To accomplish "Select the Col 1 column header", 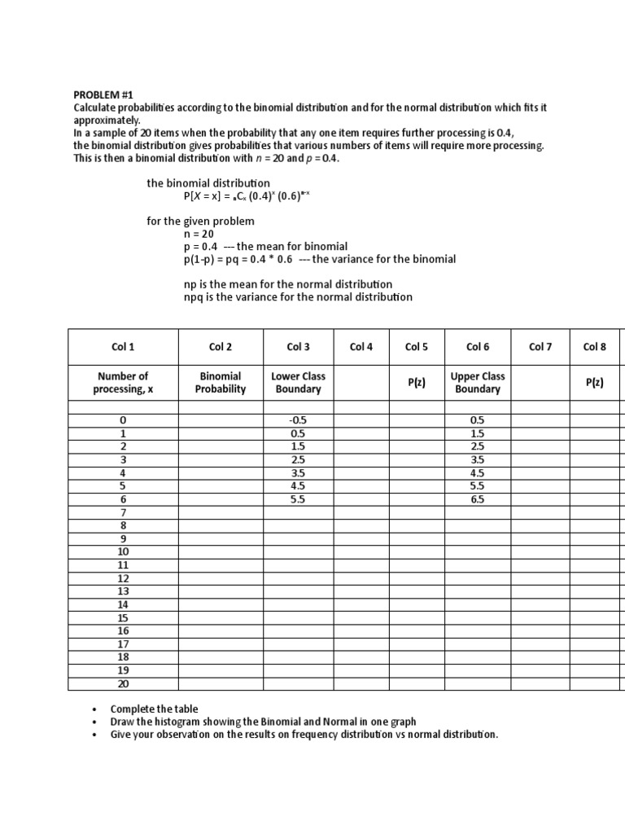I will (123, 347).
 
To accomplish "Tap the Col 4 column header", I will (361, 347).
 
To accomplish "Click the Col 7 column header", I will (540, 347).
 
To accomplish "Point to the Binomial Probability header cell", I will (220, 383).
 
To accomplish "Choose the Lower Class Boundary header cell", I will (299, 383).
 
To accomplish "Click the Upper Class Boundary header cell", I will (478, 383).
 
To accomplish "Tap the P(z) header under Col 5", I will (416, 383).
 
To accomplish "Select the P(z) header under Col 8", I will (595, 383).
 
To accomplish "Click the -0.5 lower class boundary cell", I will (299, 420).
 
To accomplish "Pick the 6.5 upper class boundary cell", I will (478, 500).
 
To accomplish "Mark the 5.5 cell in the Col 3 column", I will (299, 500).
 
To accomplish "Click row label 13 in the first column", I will (123, 591).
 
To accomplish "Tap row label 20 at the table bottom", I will (123, 684).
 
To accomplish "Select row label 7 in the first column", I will (123, 512).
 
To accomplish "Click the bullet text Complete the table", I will (154, 709).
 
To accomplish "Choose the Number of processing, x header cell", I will (123, 383).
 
